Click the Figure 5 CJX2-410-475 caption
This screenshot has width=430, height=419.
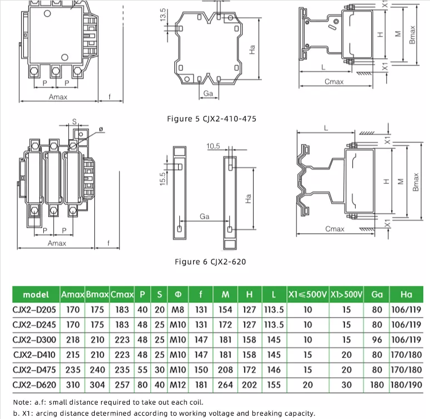[x=211, y=119]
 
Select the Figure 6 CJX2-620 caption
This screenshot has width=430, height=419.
[x=210, y=262]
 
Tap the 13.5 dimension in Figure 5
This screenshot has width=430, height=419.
[x=163, y=15]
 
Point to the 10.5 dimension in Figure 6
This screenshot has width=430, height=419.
[x=213, y=146]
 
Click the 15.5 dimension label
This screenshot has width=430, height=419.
[x=163, y=179]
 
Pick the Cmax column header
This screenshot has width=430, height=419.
[x=122, y=294]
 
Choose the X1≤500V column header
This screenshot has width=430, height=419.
[x=307, y=294]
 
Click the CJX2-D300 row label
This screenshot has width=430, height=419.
[x=34, y=340]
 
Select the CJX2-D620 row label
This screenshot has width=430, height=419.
[x=34, y=385]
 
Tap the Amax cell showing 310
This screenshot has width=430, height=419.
[x=73, y=385]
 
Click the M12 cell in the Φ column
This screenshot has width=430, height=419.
[x=178, y=385]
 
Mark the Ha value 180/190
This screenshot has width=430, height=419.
[x=406, y=385]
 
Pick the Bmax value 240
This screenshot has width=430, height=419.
[x=97, y=370]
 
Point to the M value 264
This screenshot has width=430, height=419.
[x=225, y=385]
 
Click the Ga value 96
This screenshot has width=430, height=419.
[x=377, y=340]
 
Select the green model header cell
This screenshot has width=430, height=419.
[x=36, y=294]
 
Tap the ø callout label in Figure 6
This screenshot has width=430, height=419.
[x=100, y=129]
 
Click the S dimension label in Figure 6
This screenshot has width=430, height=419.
[x=74, y=121]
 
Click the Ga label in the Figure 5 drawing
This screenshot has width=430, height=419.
[x=208, y=94]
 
